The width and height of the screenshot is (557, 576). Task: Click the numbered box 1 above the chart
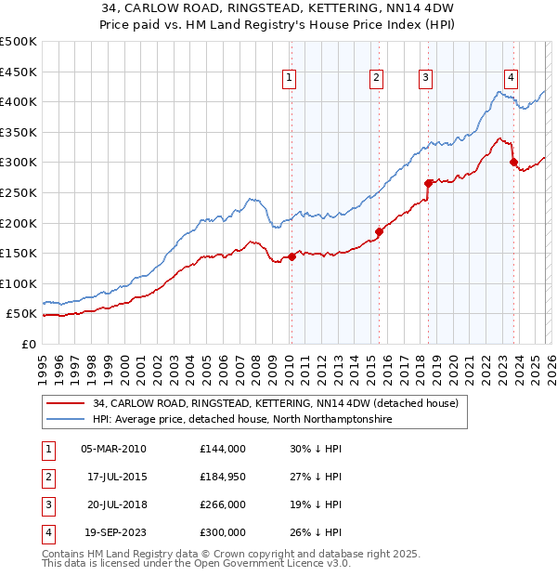(x=291, y=78)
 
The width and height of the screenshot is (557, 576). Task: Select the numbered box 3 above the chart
(x=425, y=78)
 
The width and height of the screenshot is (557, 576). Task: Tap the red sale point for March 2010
(x=291, y=256)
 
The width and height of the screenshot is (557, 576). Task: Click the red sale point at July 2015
(x=379, y=231)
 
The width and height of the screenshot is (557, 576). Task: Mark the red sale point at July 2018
(x=428, y=183)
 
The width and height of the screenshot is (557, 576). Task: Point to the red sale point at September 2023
(x=513, y=162)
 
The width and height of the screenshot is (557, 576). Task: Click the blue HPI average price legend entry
(x=242, y=420)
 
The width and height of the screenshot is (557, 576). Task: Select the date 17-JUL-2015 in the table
(x=113, y=477)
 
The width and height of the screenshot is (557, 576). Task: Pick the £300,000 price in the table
(x=222, y=532)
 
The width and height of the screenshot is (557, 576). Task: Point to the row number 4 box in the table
(x=47, y=532)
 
